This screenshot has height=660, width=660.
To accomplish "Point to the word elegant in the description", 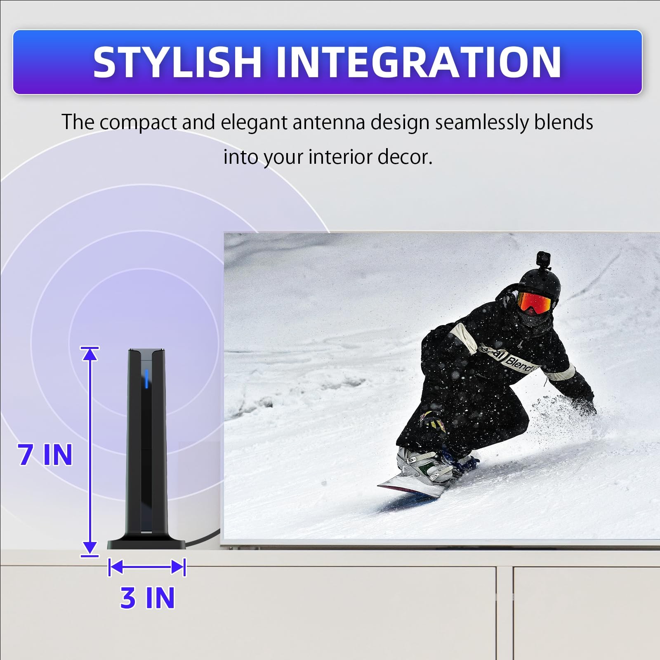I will point(254,123).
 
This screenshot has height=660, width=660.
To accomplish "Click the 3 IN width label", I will point(148,598).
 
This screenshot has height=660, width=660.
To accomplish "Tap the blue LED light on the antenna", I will point(146,379).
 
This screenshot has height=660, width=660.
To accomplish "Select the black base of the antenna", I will point(146,543).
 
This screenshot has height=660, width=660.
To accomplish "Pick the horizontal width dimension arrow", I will point(147,567).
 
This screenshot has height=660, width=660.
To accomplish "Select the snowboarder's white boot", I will point(417,462).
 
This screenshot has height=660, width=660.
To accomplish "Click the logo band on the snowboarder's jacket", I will point(511,359).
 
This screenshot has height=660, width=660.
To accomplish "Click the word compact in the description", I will point(138,123).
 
